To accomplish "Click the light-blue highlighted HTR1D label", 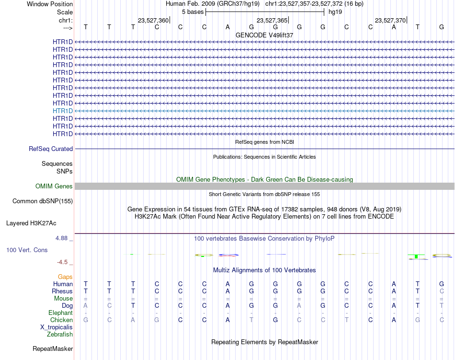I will tap(63, 111).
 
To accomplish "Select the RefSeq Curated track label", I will tap(51, 149).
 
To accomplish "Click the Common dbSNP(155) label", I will tap(43, 201).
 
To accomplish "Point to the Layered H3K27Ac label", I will tap(31, 223).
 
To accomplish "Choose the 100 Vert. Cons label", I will tap(27, 250).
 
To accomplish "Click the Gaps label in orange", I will tap(65, 277).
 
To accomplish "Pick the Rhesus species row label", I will tap(62, 291).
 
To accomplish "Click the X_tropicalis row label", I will tap(57, 327).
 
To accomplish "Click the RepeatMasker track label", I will tap(53, 348).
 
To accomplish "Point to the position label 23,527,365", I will tap(272, 21).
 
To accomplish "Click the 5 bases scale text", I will tap(193, 12).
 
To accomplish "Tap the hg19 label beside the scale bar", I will tap(335, 12).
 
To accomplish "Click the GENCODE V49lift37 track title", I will tap(264, 35).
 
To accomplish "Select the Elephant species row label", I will tap(60, 313).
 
